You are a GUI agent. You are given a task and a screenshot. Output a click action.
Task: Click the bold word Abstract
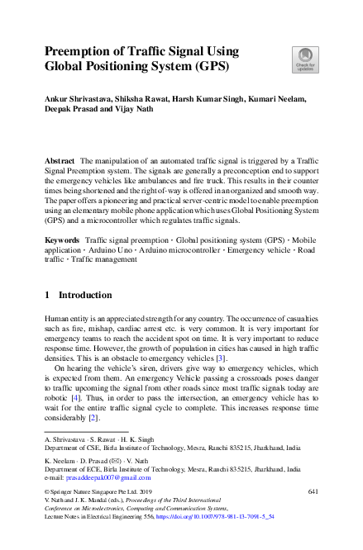point(60,159)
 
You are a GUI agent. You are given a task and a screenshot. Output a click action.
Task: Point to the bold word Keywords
point(62,239)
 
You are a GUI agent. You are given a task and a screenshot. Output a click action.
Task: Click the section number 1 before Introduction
point(47,295)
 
